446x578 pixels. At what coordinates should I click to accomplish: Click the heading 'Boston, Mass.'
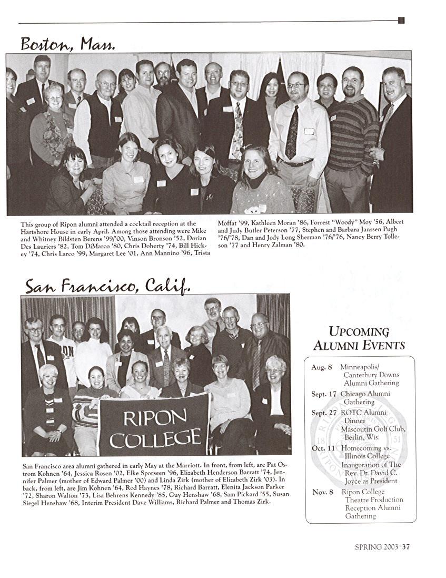(x=67, y=43)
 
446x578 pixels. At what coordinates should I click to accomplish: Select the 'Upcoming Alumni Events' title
(x=359, y=338)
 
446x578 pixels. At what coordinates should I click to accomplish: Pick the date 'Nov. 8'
(x=323, y=492)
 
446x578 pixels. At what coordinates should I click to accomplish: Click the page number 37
(x=406, y=547)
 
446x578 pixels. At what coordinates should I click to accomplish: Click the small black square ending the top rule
(x=401, y=21)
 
